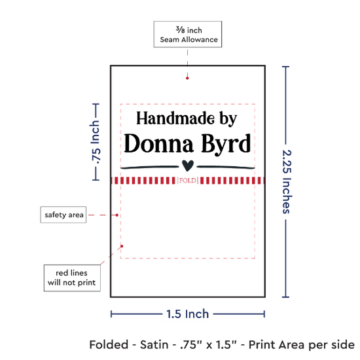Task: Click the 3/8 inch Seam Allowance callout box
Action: pyautogui.click(x=188, y=34)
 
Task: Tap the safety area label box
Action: pyautogui.click(x=63, y=215)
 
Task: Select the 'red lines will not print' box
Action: pyautogui.click(x=72, y=278)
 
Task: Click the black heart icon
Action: pyautogui.click(x=188, y=166)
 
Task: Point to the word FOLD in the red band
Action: pyautogui.click(x=188, y=181)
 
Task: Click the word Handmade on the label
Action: pyautogui.click(x=175, y=118)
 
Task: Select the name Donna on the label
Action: pyautogui.click(x=158, y=143)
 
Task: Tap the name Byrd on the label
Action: pyautogui.click(x=226, y=145)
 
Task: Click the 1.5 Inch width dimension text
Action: pyautogui.click(x=188, y=314)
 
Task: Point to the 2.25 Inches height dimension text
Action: pyautogui.click(x=287, y=181)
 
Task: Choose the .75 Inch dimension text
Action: pyautogui.click(x=96, y=142)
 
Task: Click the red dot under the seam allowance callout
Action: pyautogui.click(x=187, y=78)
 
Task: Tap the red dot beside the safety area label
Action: pyautogui.click(x=117, y=215)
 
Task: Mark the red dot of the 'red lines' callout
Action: pyautogui.click(x=122, y=246)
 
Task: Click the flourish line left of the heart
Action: pyautogui.click(x=150, y=167)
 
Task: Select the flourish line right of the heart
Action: pyautogui.click(x=226, y=167)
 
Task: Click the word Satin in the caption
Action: pyautogui.click(x=154, y=344)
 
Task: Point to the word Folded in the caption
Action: pyautogui.click(x=109, y=344)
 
